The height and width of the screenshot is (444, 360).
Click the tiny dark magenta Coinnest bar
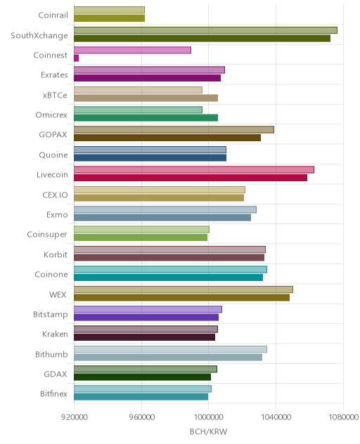(76, 58)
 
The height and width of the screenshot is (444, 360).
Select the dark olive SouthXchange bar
(202, 38)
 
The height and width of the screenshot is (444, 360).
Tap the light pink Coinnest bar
(132, 50)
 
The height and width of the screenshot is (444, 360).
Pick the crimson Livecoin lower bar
(191, 178)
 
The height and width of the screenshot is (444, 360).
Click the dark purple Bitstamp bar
(146, 317)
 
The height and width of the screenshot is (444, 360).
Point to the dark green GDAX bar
(142, 377)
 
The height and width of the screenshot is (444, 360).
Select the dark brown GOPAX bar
(167, 138)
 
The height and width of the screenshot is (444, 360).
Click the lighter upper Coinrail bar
(109, 10)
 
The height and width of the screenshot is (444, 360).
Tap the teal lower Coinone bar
(168, 277)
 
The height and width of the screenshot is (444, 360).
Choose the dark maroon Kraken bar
(145, 337)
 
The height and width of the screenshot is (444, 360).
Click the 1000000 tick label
(208, 417)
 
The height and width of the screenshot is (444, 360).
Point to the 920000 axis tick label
(75, 417)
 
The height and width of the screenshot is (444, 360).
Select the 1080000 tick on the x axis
(343, 417)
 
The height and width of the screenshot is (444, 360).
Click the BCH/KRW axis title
(208, 431)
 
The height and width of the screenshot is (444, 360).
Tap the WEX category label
(58, 294)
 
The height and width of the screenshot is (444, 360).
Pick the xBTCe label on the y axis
(55, 95)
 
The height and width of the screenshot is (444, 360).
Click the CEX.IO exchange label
(55, 195)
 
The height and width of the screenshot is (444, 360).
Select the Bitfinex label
(53, 393)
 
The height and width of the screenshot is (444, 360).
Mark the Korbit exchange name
(56, 254)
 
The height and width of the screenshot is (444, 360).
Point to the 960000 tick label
(142, 417)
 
